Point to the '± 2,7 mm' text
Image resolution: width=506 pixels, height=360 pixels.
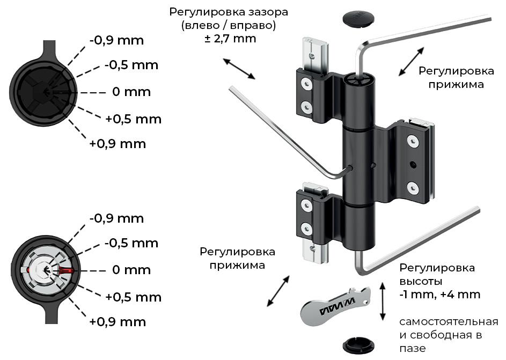tap(230, 39)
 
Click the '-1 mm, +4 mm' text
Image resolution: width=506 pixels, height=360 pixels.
tap(439, 295)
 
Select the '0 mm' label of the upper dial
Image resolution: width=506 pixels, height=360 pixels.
tap(131, 92)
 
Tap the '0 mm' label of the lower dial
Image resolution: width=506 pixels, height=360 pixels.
tap(131, 270)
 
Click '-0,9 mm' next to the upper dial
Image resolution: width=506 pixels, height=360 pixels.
tap(116, 40)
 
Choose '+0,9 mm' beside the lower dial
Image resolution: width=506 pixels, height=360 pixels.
tap(118, 322)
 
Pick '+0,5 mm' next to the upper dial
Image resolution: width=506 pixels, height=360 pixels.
tap(133, 119)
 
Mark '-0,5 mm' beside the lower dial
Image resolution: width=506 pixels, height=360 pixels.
tap(131, 243)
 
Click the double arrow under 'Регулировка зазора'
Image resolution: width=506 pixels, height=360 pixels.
tap(239, 69)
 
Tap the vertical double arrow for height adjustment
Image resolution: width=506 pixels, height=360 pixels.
tap(382, 302)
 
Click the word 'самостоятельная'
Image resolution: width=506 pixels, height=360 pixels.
tap(449, 322)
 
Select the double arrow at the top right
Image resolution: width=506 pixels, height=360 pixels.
tap(412, 61)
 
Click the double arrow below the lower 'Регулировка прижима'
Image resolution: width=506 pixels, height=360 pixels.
tap(278, 291)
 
